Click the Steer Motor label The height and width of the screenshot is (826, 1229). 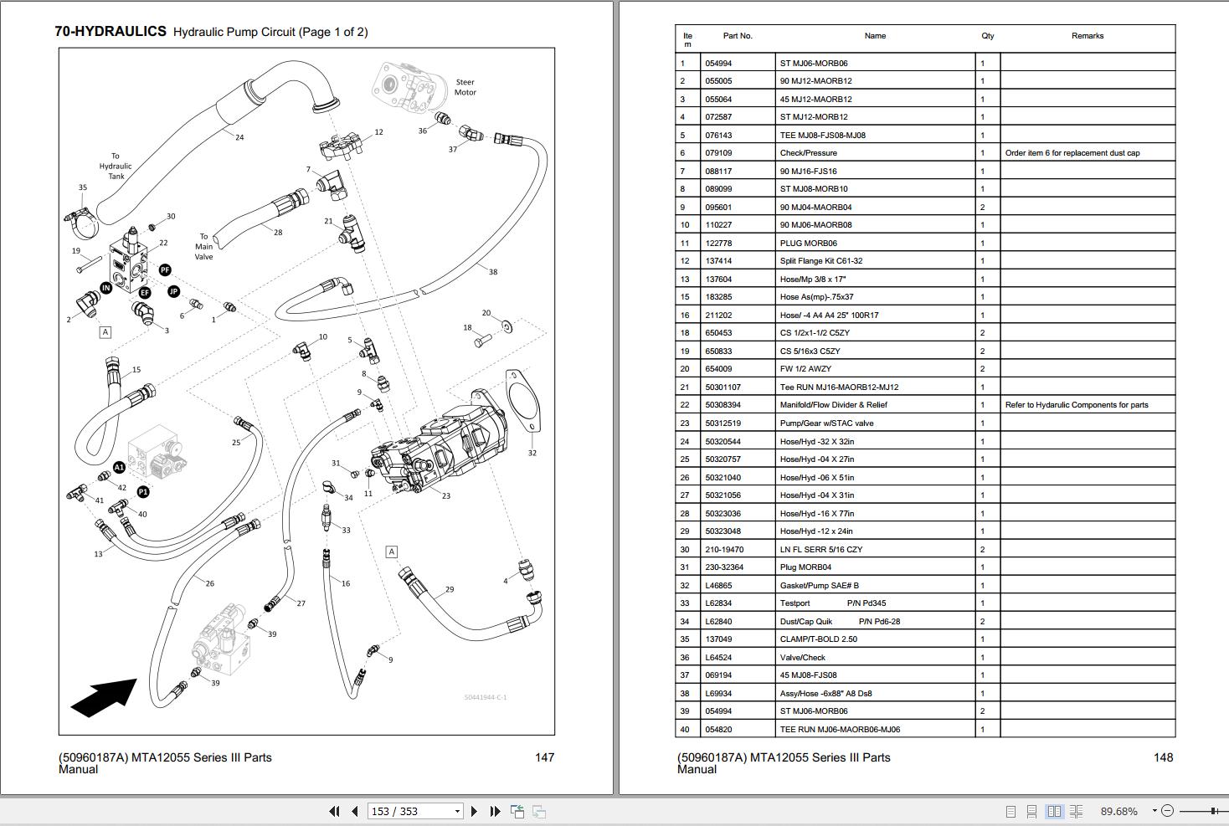click(465, 87)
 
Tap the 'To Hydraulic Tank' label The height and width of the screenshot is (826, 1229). click(116, 166)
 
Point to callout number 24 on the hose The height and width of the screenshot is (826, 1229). click(239, 137)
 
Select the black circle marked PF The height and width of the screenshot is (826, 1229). click(165, 269)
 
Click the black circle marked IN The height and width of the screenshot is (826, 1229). click(105, 288)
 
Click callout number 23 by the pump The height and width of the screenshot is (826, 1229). click(446, 496)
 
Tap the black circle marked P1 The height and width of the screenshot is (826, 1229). click(143, 492)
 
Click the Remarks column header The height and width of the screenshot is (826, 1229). click(1087, 36)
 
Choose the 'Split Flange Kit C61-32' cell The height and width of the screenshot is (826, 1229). click(820, 261)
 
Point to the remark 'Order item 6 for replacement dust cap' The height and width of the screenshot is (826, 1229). click(1072, 153)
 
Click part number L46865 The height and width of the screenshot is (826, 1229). click(718, 586)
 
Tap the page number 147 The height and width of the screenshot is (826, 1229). click(544, 757)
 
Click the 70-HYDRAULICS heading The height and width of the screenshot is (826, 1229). click(111, 32)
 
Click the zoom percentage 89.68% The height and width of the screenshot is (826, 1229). click(1118, 811)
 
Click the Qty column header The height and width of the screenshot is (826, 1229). click(988, 36)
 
